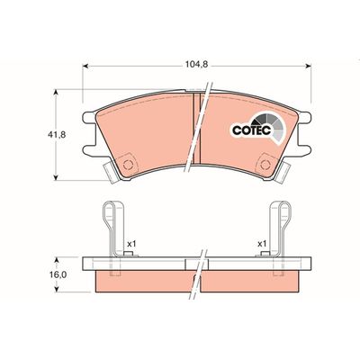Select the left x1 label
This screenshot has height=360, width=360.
click(131, 244)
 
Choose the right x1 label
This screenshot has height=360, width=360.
click(264, 244)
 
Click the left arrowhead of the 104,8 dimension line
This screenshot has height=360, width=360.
click(85, 65)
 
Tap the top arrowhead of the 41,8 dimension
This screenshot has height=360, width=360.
click(59, 91)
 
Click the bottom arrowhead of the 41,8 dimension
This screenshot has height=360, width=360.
click(59, 176)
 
